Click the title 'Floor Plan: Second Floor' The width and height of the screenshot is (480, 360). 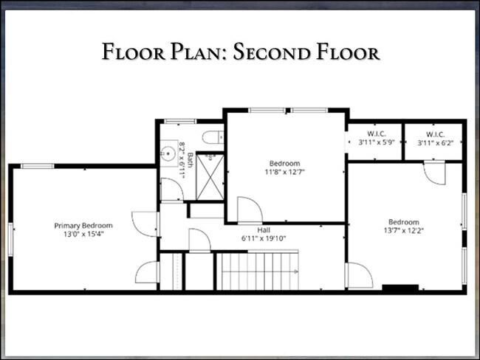tap(240, 52)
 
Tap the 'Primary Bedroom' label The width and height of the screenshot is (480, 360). tap(83, 225)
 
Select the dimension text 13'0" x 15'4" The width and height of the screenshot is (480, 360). tap(83, 234)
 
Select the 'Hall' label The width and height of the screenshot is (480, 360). tap(253, 229)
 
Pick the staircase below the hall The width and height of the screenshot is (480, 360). tap(258, 271)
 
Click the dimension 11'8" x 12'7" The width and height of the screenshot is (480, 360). tap(284, 172)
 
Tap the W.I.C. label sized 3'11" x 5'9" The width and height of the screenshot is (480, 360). tap(375, 138)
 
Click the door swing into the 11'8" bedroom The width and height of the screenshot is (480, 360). tap(249, 209)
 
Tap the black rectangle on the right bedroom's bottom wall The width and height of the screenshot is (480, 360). tap(400, 287)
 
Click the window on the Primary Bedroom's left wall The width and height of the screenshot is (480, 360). tap(11, 244)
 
